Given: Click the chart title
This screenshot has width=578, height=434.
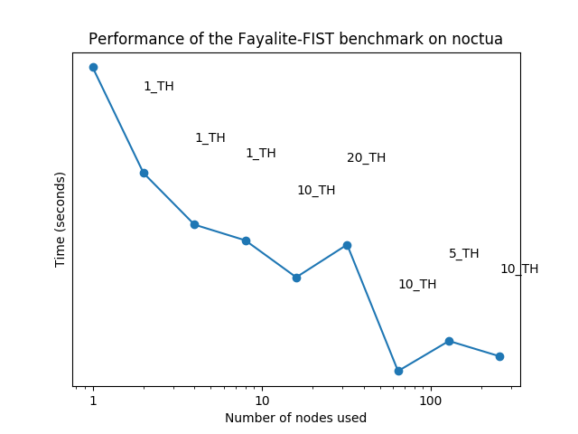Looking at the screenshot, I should (x=296, y=39).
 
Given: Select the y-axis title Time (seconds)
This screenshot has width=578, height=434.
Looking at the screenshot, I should (x=61, y=219).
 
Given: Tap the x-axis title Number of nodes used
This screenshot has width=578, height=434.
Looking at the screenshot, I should (x=295, y=418).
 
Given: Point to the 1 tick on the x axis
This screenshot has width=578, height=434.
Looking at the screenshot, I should (x=93, y=400).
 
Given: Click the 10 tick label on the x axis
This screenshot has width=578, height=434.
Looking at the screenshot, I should (x=262, y=400).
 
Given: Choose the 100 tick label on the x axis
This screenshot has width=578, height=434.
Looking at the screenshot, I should (x=431, y=400).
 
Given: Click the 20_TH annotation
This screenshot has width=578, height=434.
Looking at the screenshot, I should (x=366, y=158).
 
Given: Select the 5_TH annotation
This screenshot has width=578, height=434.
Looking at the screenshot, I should (x=463, y=254).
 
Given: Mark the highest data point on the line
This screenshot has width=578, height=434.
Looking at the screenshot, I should (x=93, y=67).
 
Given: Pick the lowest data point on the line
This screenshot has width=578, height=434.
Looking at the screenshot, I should (x=398, y=371).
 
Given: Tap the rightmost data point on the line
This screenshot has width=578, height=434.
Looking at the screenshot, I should (x=499, y=356).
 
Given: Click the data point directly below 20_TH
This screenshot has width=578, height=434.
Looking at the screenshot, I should (x=347, y=245).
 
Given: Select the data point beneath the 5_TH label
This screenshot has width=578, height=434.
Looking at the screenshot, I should (x=449, y=341).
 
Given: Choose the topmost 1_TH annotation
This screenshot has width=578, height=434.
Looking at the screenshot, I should (x=158, y=87).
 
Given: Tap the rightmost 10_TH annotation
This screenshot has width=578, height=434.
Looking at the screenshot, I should (x=518, y=269).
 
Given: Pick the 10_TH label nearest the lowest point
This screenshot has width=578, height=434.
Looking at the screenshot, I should (x=416, y=285).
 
